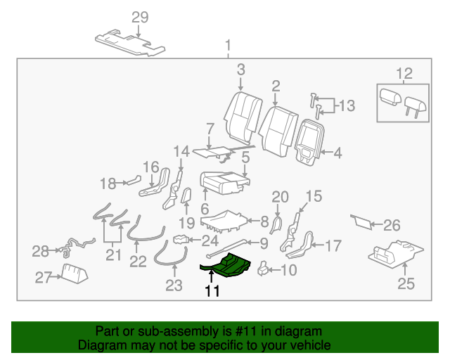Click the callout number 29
[x=140, y=18]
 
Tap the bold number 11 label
[x=212, y=291]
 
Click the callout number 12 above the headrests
[x=404, y=74]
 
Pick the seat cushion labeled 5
[x=224, y=181]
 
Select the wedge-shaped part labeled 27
[x=73, y=272]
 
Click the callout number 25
[x=406, y=284]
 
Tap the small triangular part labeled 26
[x=361, y=223]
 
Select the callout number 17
[x=332, y=246]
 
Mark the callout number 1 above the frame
[x=227, y=47]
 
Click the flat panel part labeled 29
[x=130, y=44]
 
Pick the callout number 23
[x=173, y=285]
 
